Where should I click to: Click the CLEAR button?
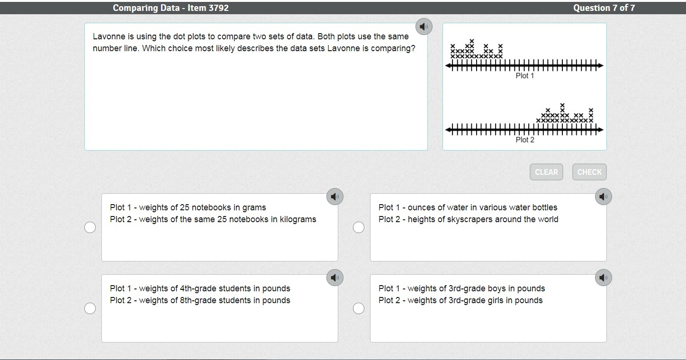coord(546,172)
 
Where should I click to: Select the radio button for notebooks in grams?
coord(90,227)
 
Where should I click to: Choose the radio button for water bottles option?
coord(359,227)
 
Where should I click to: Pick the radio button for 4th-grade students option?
coord(90,308)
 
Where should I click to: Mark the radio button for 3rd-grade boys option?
coord(359,308)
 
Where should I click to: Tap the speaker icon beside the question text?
coord(424,27)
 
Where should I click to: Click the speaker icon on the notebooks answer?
coord(335,197)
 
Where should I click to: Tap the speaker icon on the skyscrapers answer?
coord(603,197)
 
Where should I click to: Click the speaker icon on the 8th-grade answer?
coord(335,278)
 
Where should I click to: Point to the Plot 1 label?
coord(524,76)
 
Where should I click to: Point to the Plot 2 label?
coord(524,140)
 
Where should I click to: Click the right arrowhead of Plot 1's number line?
coord(601,65)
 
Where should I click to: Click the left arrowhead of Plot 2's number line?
coord(448,130)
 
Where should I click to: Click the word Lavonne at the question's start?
coord(109,36)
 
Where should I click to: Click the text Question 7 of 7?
coord(604,8)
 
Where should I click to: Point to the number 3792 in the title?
coord(218,8)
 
